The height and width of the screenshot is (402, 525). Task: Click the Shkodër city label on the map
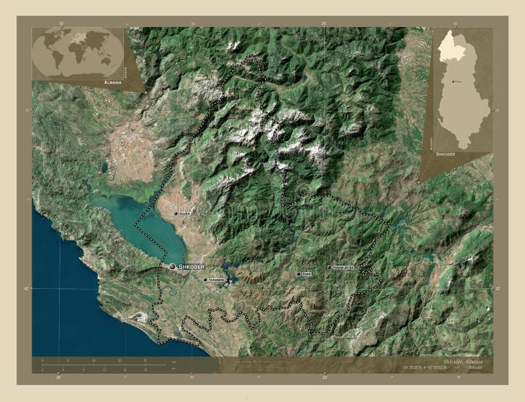click(192, 267)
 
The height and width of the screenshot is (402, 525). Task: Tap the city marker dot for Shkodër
click(173, 267)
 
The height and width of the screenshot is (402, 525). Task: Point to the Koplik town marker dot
click(176, 213)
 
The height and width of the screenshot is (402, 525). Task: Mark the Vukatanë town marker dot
click(205, 280)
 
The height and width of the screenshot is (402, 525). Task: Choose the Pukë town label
click(306, 274)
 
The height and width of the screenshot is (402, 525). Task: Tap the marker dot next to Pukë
click(298, 274)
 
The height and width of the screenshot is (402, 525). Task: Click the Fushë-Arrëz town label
click(343, 268)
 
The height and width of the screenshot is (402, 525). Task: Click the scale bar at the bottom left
click(105, 363)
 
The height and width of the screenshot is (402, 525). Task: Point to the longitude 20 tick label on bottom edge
click(324, 377)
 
